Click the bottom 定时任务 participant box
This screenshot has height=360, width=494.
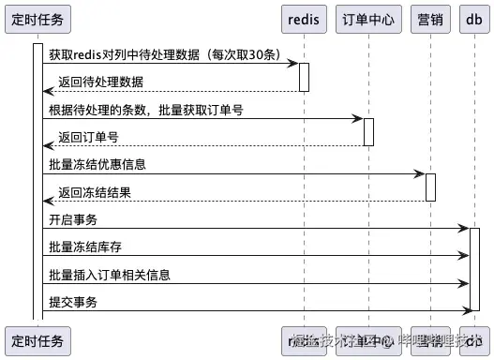tap(37, 340)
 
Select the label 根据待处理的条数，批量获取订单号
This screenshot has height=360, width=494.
tap(146, 111)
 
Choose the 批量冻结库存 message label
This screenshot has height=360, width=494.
tap(85, 247)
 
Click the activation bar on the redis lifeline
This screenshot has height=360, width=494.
tap(304, 77)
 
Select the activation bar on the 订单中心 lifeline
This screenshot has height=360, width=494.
tap(368, 132)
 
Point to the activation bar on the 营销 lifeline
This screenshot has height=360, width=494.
tap(430, 187)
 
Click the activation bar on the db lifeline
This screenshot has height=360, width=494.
tap(474, 269)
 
